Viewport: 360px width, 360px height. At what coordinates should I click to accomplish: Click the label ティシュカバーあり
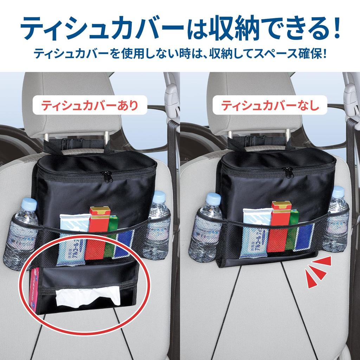pos(90,105)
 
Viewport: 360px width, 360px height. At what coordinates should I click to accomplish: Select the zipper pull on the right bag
pos(288,172)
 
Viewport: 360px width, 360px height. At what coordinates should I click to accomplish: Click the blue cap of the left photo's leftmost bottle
pos(29,204)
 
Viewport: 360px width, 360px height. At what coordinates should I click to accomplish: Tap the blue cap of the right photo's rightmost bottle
pos(338,192)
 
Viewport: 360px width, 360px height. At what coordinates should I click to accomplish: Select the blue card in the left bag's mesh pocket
pos(124,244)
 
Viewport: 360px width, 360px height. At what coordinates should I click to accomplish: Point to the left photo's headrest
pos(70,105)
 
